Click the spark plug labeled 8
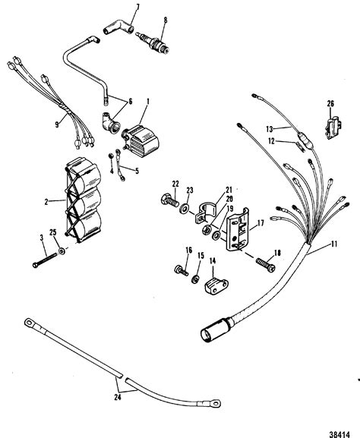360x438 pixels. click(153, 43)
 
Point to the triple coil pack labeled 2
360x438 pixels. click(84, 200)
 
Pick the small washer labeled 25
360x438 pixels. click(62, 251)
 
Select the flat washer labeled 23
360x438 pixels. click(185, 208)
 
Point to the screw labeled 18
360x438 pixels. click(266, 264)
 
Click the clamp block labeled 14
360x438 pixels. click(216, 285)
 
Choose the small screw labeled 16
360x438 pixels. click(182, 270)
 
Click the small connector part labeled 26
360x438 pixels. click(333, 128)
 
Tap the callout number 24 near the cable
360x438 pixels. click(118, 397)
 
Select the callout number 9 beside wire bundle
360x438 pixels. click(57, 124)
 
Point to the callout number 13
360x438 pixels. click(270, 129)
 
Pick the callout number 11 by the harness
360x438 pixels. click(333, 244)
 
